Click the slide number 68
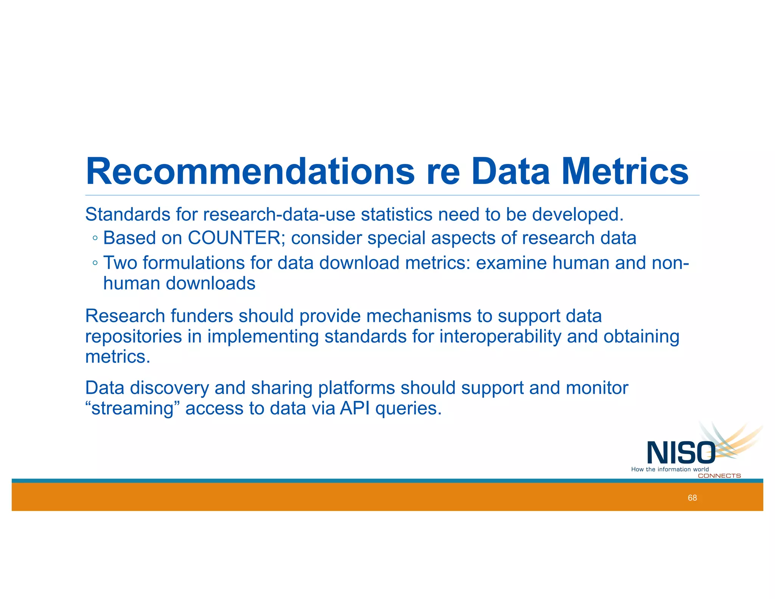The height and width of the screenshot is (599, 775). [x=692, y=498]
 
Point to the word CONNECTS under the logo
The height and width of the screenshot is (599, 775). [x=719, y=476]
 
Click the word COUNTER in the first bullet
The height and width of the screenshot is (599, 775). [x=234, y=238]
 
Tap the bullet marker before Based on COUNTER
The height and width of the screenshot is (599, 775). [x=95, y=239]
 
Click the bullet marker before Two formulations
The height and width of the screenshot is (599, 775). [x=95, y=263]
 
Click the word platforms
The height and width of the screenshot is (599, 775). [x=356, y=388]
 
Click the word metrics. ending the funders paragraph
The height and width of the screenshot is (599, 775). [x=118, y=357]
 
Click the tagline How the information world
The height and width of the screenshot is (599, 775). [x=670, y=470]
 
